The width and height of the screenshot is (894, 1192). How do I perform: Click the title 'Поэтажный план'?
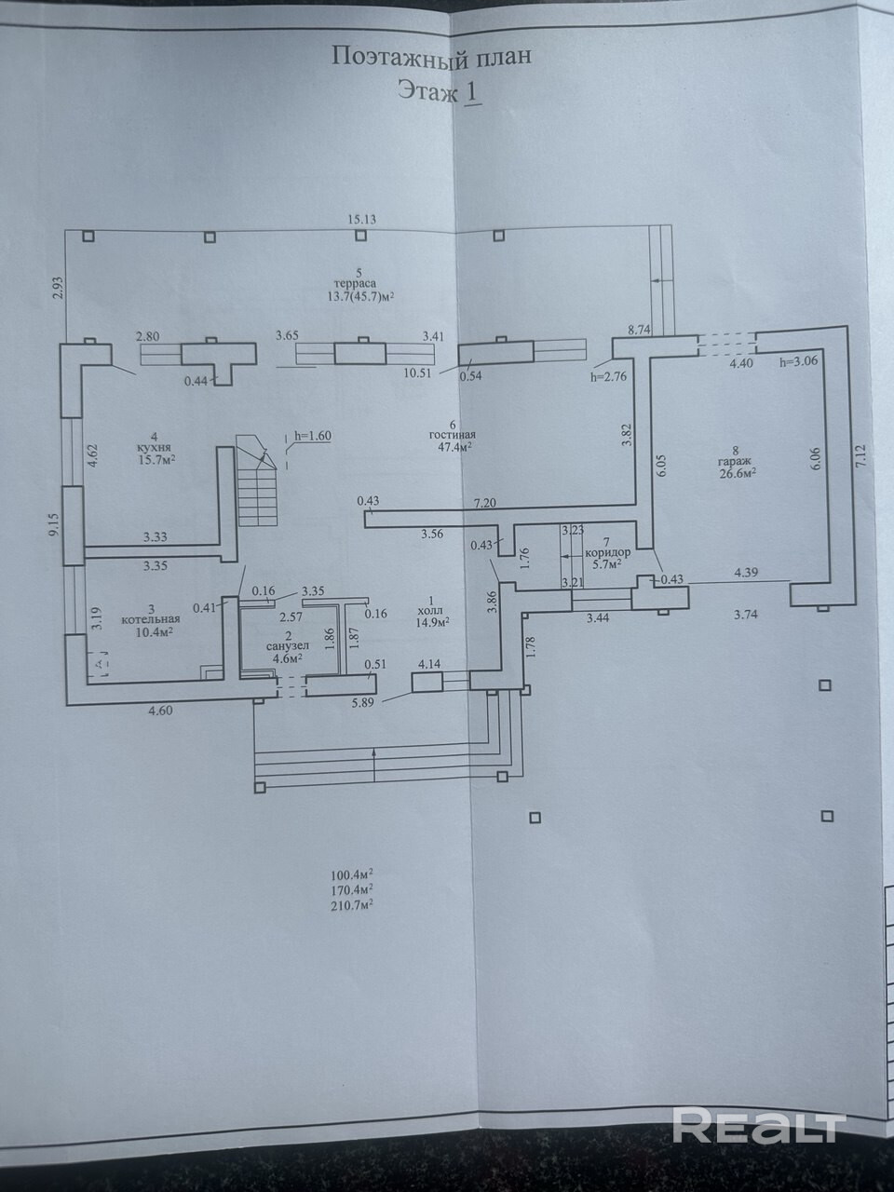tap(432, 57)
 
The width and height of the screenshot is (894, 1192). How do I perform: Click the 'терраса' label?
tap(356, 284)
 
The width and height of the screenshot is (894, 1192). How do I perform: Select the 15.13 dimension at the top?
tap(362, 220)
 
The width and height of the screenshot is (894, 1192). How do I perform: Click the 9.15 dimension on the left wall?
tap(55, 526)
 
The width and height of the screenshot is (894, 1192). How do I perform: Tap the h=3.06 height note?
tap(798, 362)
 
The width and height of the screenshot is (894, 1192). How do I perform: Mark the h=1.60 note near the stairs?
tap(312, 435)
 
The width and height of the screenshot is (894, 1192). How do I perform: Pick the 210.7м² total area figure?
tap(352, 903)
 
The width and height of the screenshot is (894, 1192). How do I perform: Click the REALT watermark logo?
tap(757, 1126)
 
